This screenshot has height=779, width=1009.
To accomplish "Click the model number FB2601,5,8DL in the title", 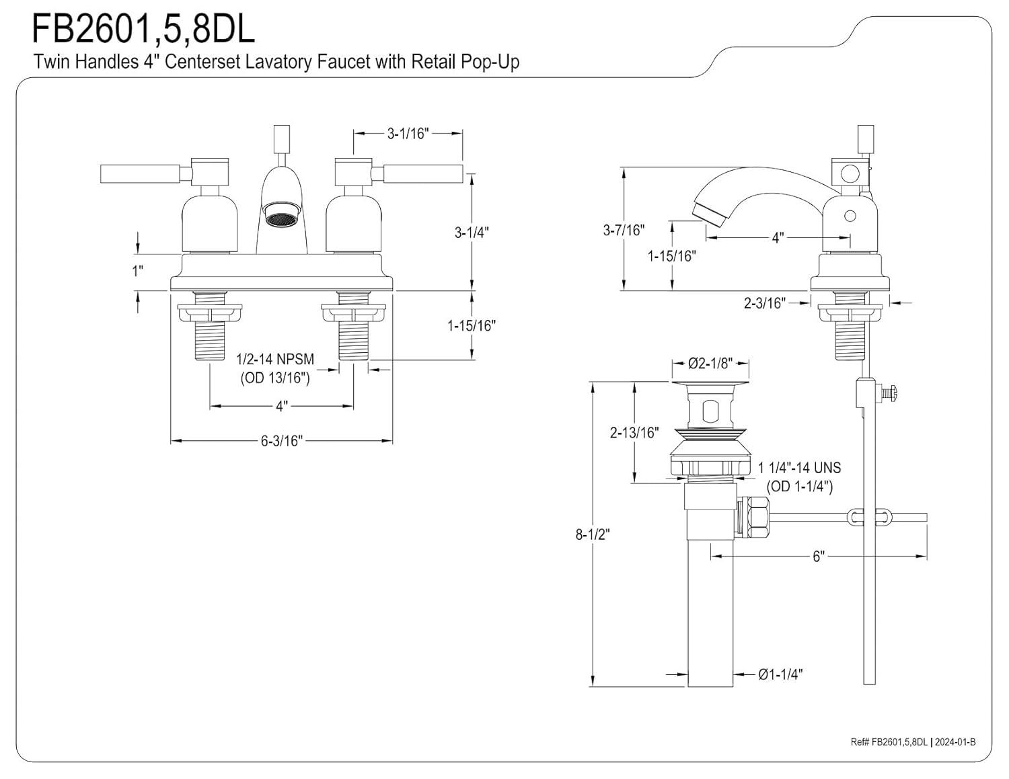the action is (143, 29).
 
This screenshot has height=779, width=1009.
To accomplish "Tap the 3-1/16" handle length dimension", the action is (408, 134).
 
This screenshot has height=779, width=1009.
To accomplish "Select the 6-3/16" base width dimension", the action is (281, 441).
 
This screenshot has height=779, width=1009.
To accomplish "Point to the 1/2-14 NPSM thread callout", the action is (275, 359).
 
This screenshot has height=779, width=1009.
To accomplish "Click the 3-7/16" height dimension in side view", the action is (624, 230).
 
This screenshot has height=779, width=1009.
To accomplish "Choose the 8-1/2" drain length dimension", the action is (593, 534).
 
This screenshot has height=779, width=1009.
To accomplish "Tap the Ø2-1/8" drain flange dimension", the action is (710, 363).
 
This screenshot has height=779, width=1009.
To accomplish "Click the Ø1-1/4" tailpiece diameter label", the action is (780, 674).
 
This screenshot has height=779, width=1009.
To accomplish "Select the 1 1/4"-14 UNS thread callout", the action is (799, 468).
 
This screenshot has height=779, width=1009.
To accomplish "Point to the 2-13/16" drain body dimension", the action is (634, 432).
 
